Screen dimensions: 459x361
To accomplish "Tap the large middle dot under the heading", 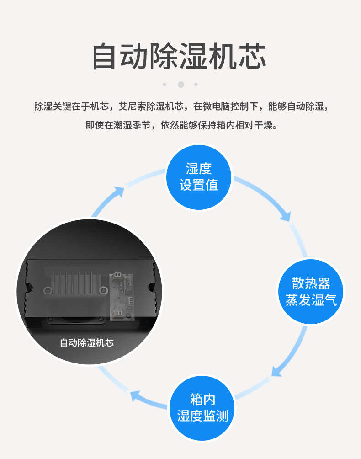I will click(180, 85).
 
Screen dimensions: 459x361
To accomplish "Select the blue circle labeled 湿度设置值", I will click(198, 177).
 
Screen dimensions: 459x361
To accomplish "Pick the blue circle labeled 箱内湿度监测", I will click(202, 407).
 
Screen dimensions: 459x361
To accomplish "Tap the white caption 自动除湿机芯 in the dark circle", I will click(87, 342).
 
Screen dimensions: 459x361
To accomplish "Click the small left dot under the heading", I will click(165, 85).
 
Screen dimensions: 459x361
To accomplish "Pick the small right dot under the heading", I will click(196, 85).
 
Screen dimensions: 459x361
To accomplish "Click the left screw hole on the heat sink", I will click(47, 290).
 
